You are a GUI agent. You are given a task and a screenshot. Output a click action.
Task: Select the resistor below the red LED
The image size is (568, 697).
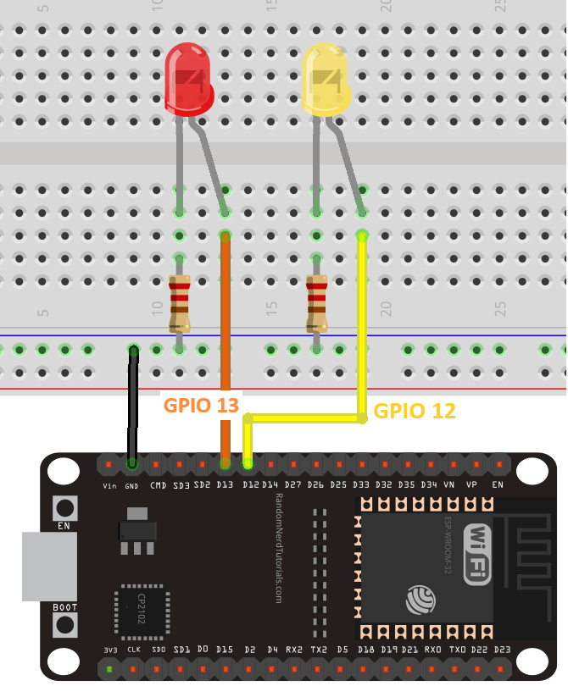pyautogui.click(x=179, y=303)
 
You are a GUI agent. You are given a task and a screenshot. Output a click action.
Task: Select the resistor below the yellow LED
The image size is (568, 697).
pyautogui.click(x=317, y=303)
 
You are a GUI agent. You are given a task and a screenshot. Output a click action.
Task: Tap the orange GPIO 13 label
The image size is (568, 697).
pyautogui.click(x=201, y=405)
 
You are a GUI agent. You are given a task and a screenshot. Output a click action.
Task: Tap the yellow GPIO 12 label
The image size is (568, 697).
pyautogui.click(x=415, y=411)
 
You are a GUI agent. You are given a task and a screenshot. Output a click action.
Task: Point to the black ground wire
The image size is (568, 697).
pyautogui.click(x=131, y=407)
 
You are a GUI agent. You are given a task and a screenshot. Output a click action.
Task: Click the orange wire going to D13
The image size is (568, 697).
pyautogui.click(x=226, y=339)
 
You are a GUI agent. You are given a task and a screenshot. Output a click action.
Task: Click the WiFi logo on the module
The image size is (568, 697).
pyautogui.click(x=476, y=555)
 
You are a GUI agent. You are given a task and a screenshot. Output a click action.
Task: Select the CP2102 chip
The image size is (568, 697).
pyautogui.click(x=138, y=609)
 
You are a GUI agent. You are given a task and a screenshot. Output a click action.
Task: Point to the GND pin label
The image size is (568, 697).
pyautogui.click(x=132, y=485)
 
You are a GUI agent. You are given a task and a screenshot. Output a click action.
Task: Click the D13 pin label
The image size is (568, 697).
pyautogui.click(x=225, y=485)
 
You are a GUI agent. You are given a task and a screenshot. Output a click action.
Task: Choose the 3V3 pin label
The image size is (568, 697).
pyautogui.click(x=110, y=650)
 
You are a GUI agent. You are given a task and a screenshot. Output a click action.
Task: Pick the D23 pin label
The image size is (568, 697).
pyautogui.click(x=502, y=650)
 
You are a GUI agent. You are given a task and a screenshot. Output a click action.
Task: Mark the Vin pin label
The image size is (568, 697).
pyautogui.click(x=109, y=485)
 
